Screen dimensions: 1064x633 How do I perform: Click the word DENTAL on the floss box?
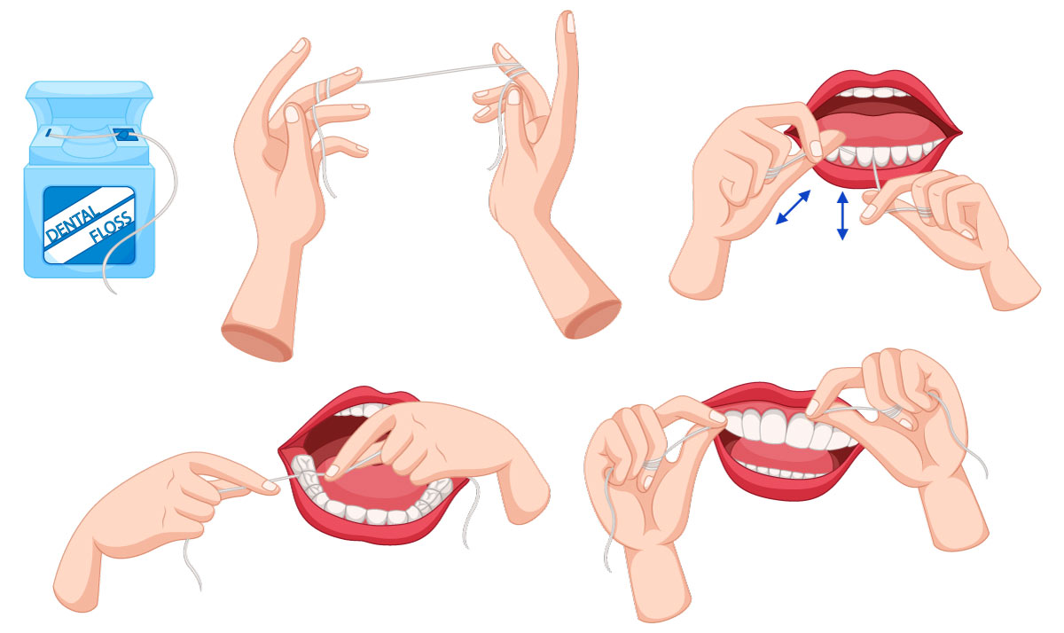click(73, 223)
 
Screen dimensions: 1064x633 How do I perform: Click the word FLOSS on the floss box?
click(111, 228)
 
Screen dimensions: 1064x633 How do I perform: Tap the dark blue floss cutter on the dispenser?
click(121, 134)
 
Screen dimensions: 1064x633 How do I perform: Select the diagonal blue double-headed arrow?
click(793, 207)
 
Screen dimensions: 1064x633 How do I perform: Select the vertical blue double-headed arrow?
click(842, 215)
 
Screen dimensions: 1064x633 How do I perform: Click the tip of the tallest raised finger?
click(569, 21)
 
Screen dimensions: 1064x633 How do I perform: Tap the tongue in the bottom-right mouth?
click(784, 455)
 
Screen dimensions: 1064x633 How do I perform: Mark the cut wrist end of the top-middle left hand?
click(256, 342)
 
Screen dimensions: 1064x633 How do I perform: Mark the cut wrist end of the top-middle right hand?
click(594, 318)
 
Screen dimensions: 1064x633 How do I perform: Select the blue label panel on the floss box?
click(90, 225)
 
